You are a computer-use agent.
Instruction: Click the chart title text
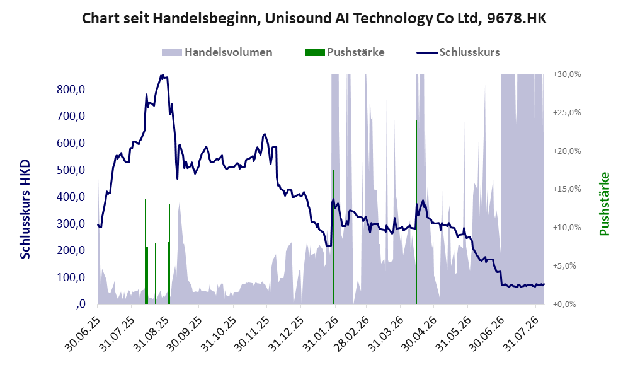[314, 18]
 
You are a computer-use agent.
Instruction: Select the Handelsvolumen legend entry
[217, 52]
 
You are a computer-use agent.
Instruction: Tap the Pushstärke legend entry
[345, 52]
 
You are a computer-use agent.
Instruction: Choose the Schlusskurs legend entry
[458, 52]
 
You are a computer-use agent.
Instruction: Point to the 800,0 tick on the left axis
[71, 89]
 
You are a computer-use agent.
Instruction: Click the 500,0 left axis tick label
[71, 170]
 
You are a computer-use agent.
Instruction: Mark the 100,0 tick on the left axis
[71, 277]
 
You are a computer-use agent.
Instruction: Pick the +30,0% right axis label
[567, 74]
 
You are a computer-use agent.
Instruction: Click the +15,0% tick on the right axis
[567, 189]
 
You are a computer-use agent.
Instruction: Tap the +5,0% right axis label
[567, 266]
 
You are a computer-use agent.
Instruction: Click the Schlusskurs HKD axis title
[25, 209]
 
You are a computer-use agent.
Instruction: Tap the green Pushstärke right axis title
[604, 204]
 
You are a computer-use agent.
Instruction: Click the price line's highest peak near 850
[161, 76]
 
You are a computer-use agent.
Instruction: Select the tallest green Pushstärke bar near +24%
[416, 212]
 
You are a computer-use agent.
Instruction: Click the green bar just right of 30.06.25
[113, 245]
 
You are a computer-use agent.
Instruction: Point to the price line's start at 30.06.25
[98, 225]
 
